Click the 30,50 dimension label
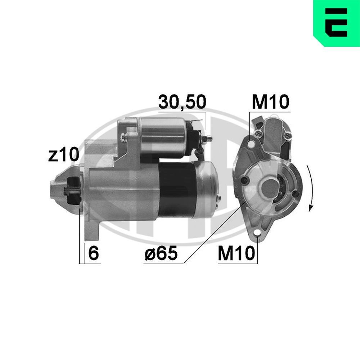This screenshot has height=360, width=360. [182, 102]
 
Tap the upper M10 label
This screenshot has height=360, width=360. [270, 102]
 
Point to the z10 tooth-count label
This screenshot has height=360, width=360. [63, 155]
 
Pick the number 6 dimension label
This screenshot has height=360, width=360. [93, 254]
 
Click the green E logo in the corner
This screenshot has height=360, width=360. [337, 23]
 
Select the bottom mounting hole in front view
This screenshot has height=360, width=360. [257, 235]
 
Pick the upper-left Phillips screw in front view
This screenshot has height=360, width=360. [258, 134]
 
